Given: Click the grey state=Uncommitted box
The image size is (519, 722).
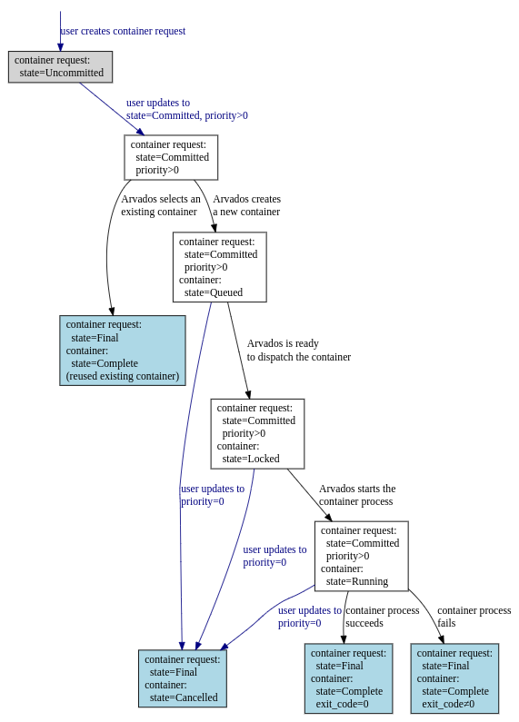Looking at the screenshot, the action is (x=60, y=67).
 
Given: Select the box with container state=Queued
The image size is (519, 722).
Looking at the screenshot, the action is (x=220, y=267).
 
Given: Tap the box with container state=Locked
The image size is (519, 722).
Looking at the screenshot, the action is (x=257, y=434).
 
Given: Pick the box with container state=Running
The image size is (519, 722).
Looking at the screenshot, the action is (x=362, y=556).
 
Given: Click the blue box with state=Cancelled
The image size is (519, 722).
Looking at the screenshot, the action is (x=183, y=678).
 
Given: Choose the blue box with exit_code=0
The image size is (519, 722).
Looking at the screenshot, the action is (x=348, y=678).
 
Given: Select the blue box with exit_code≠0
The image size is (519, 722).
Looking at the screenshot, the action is (x=454, y=678).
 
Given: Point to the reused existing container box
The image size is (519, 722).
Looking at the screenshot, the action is (x=123, y=351).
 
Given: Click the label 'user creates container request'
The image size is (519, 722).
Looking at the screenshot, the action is (x=123, y=31).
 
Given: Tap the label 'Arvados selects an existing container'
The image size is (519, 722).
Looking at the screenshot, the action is (x=161, y=205).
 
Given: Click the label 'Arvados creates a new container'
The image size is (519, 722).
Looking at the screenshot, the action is (x=246, y=205).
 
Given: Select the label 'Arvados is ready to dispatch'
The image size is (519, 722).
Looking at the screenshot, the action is (x=299, y=350).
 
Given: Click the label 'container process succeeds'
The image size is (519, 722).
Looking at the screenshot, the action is (x=383, y=617).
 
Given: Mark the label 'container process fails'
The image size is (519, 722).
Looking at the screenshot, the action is (x=474, y=617).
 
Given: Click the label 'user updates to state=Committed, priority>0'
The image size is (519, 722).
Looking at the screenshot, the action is (x=187, y=109).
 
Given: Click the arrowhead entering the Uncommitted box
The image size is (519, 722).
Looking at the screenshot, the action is (x=60, y=46).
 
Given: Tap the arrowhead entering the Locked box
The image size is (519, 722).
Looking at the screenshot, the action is (x=248, y=394).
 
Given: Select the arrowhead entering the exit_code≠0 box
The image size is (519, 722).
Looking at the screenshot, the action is (x=441, y=639).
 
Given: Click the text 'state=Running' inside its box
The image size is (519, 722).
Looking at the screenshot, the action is (x=357, y=581).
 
